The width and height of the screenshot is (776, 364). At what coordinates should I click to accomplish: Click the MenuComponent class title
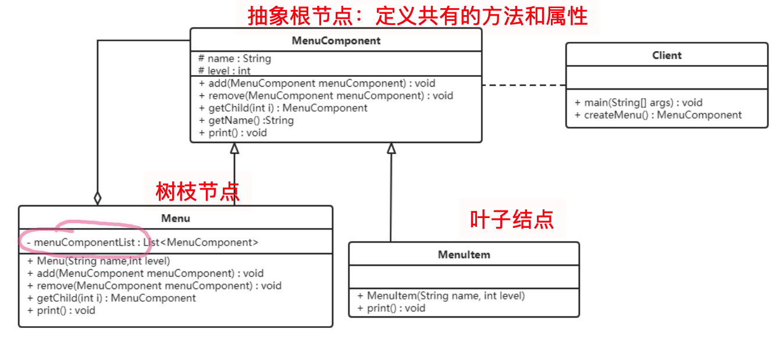coord(336,41)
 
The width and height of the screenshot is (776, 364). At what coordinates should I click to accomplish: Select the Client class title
coord(667,55)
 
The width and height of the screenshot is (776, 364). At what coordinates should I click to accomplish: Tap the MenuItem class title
coord(464,255)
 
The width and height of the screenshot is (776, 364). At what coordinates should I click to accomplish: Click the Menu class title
coord(175,219)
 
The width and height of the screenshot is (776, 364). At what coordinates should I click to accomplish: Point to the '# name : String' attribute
coord(234,59)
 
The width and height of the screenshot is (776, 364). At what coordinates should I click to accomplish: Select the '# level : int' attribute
coord(225,71)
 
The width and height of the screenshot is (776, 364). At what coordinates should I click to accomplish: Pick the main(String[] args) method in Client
coord(638,102)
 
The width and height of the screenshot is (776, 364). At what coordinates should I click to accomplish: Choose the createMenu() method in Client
coord(658,115)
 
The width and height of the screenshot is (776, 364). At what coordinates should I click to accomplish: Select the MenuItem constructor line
coord(441,296)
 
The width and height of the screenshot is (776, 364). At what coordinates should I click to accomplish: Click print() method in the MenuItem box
coord(391,308)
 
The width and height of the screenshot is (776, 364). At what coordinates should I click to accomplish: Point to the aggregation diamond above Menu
coord(98,198)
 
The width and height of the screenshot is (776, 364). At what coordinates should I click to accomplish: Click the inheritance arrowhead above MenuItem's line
coord(391,148)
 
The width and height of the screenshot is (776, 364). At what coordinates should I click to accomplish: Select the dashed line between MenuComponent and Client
coord(524,85)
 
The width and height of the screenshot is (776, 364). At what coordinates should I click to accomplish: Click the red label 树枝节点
coord(198,191)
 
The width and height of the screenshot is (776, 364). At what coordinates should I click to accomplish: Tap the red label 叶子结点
coord(511,219)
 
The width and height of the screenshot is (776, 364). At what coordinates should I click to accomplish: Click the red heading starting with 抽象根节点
coord(418,16)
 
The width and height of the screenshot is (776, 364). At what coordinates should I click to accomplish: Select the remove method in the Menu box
coord(154,286)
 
